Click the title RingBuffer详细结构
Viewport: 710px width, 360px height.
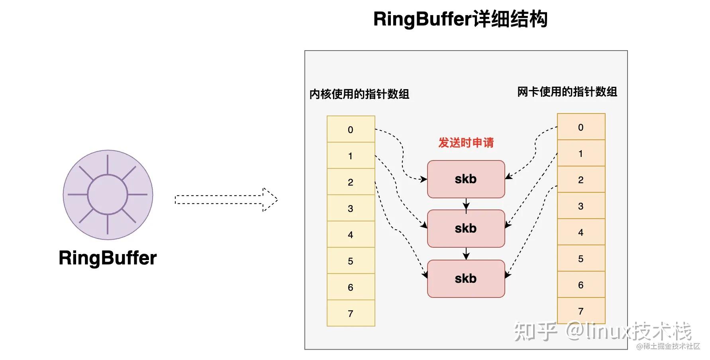click(x=460, y=19)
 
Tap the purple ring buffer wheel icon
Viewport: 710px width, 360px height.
click(x=108, y=195)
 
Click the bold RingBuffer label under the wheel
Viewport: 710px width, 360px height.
click(x=108, y=258)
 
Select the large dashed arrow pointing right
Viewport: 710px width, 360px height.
click(x=226, y=200)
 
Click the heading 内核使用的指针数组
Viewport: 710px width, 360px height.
click(x=359, y=94)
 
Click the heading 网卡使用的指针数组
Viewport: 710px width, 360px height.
click(x=567, y=92)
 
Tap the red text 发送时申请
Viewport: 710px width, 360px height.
click(x=466, y=143)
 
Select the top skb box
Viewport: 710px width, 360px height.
click(x=466, y=179)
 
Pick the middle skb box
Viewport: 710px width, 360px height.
click(x=466, y=229)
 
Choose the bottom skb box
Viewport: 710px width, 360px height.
click(x=466, y=279)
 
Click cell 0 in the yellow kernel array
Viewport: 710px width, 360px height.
click(x=351, y=129)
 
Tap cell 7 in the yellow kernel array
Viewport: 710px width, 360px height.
click(x=351, y=313)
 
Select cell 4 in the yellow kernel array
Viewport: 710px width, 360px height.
click(x=351, y=235)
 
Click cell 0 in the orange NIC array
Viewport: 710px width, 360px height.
click(x=581, y=127)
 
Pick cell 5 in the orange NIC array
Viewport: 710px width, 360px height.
click(x=581, y=258)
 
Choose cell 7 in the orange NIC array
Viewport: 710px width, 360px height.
click(x=581, y=311)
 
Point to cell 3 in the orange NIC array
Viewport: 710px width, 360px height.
click(x=581, y=206)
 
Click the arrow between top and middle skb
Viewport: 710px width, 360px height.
click(x=466, y=204)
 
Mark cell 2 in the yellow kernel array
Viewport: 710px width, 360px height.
click(x=351, y=182)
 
